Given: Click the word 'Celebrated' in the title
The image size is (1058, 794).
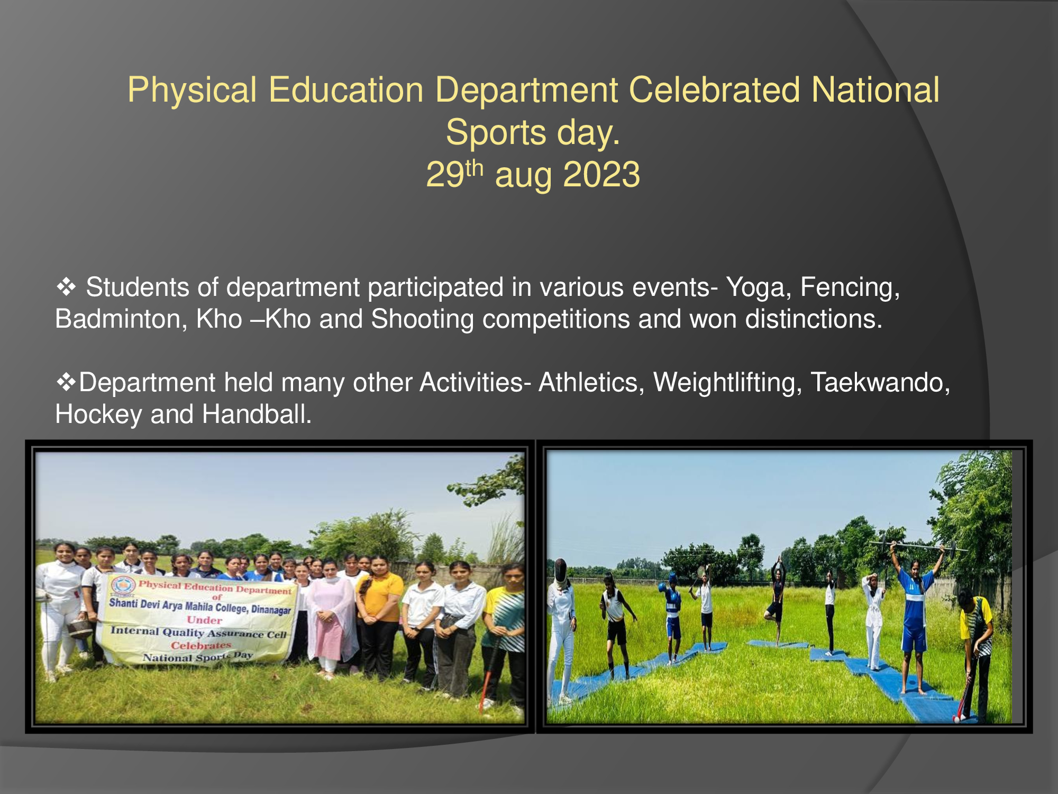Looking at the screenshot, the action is pyautogui.click(x=714, y=89).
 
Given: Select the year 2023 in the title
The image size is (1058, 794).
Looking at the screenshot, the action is pyautogui.click(x=601, y=174).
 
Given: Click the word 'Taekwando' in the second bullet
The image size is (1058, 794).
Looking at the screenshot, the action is pyautogui.click(x=880, y=383).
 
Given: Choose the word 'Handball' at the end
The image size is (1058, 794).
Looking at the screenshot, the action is pyautogui.click(x=257, y=414).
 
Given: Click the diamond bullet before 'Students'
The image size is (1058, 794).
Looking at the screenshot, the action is pyautogui.click(x=66, y=288).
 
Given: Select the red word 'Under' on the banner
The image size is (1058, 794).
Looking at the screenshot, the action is pyautogui.click(x=204, y=620).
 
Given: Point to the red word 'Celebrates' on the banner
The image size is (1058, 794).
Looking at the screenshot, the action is pyautogui.click(x=200, y=645).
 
